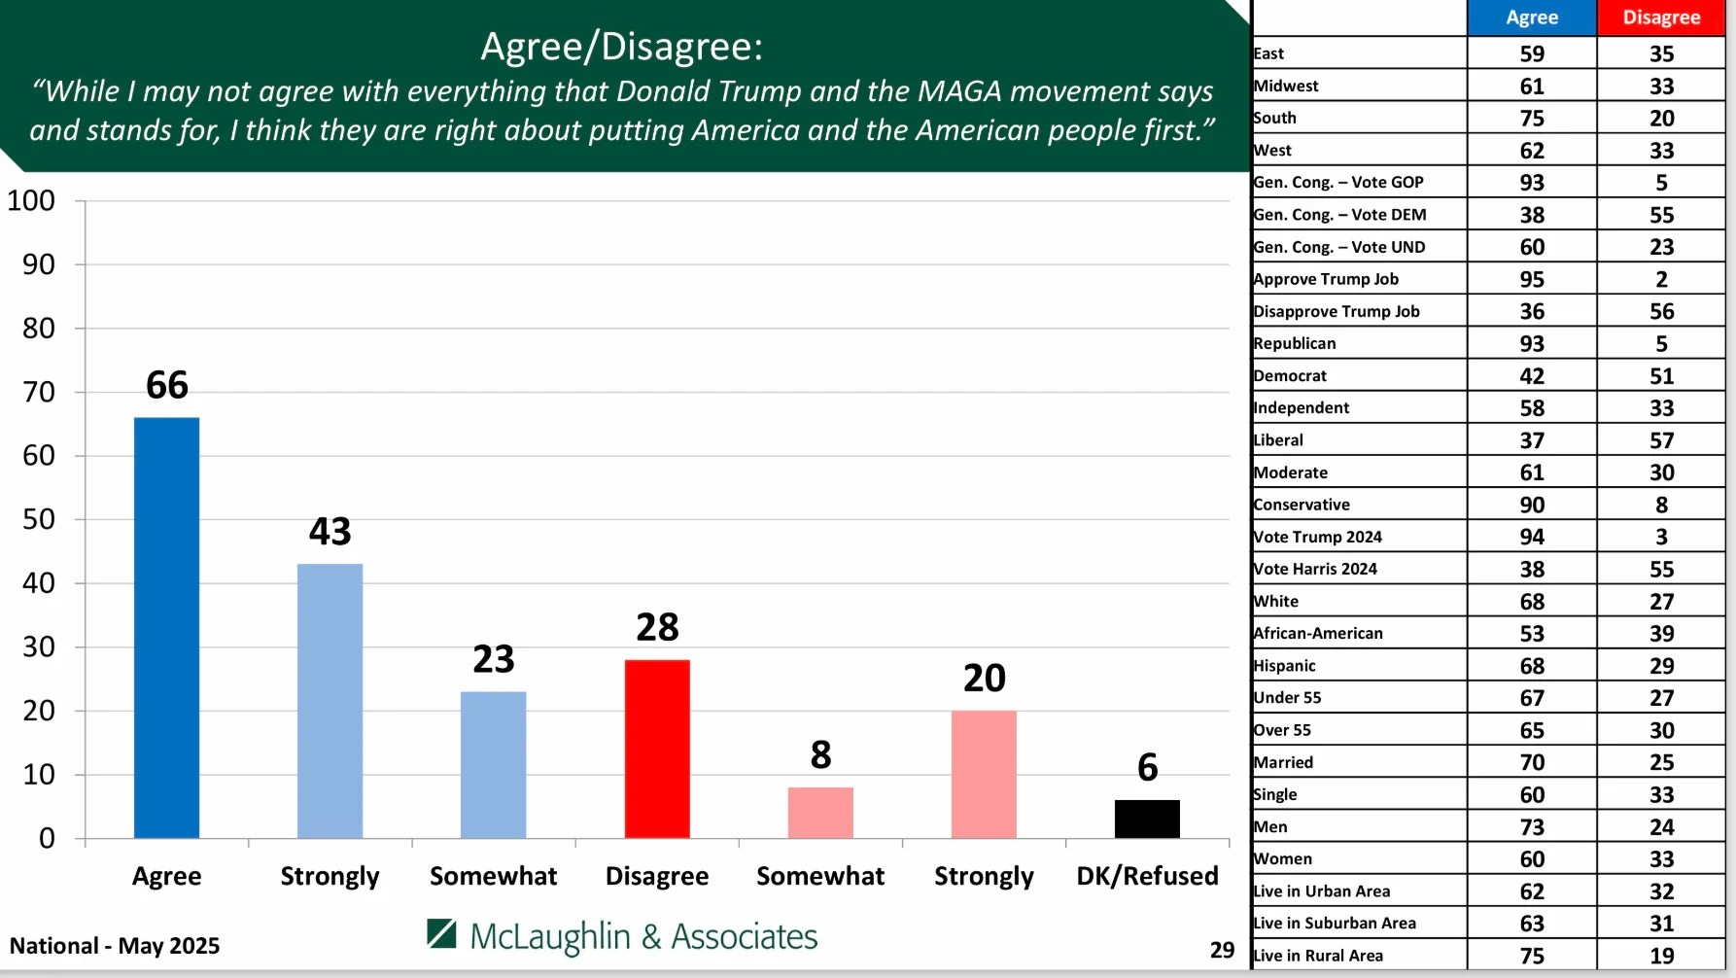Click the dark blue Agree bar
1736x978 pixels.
(x=166, y=627)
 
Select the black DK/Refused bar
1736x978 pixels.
(x=1147, y=819)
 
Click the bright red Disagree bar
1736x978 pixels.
(x=657, y=749)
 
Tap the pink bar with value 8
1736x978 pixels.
(x=820, y=812)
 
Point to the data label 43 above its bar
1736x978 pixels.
(x=330, y=532)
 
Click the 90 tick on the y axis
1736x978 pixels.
(x=39, y=264)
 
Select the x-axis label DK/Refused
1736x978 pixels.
(x=1147, y=876)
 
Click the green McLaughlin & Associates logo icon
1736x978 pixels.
(x=441, y=933)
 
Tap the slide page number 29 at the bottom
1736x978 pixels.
(x=1222, y=950)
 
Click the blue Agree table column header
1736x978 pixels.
(x=1532, y=17)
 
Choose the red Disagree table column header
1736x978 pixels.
(x=1661, y=17)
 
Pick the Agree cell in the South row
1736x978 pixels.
(x=1532, y=119)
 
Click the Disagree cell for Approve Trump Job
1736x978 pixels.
(x=1661, y=280)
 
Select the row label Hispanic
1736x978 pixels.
(x=1284, y=666)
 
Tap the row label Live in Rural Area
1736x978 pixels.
(x=1318, y=956)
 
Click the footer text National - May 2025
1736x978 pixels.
(x=115, y=946)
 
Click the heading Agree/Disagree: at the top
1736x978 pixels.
(x=622, y=47)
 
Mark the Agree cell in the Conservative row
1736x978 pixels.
(x=1532, y=506)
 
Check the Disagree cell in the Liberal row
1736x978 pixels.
(x=1661, y=441)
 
